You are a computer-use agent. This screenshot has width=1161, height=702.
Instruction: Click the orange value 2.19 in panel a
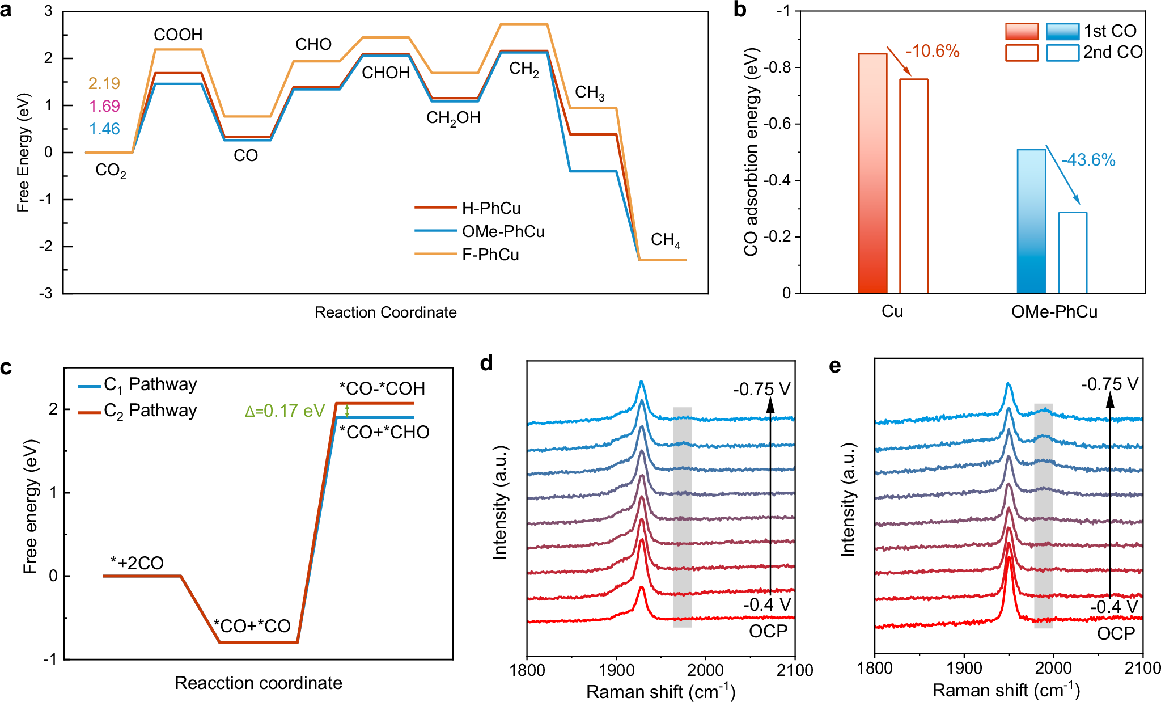[x=104, y=83]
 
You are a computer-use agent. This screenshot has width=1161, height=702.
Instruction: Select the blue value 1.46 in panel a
[x=104, y=129]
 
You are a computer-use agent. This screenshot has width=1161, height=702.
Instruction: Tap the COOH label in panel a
[x=178, y=35]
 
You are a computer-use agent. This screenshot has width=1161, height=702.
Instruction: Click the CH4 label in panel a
[x=665, y=240]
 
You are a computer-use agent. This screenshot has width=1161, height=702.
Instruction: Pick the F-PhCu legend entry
[x=490, y=255]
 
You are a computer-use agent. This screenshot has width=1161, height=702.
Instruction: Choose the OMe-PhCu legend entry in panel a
[x=503, y=231]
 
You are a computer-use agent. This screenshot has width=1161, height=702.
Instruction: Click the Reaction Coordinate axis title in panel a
[x=385, y=312]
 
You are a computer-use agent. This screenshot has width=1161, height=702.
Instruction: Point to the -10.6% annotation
[x=933, y=52]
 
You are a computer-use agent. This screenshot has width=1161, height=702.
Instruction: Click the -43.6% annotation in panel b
[x=1088, y=160]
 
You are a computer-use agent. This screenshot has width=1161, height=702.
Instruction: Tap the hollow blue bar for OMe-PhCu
[x=1073, y=252]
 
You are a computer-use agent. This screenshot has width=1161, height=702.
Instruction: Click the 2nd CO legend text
[x=1112, y=52]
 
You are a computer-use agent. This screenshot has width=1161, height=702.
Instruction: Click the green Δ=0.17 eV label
[x=285, y=411]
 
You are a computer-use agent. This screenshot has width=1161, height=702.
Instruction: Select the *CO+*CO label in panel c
[x=252, y=626]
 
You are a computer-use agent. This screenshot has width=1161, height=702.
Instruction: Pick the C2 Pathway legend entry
[x=150, y=411]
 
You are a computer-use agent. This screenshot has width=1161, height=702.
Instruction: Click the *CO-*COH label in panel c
[x=382, y=388]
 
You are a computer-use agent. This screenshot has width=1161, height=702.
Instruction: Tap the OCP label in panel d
[x=768, y=631]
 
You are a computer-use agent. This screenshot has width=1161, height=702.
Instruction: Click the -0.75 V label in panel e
[x=1109, y=384]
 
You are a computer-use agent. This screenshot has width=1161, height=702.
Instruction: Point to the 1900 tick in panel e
[x=964, y=669]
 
